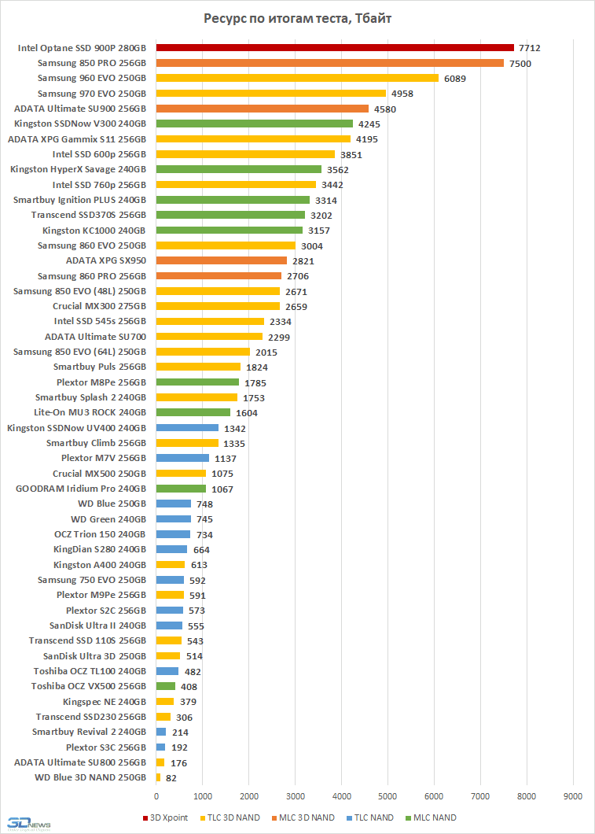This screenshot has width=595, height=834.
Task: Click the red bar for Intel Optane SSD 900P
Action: coord(334,48)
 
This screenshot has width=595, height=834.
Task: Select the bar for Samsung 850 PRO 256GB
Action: coord(329,63)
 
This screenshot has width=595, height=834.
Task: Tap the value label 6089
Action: coord(456,78)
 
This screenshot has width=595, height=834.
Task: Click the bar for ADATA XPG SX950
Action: coord(221,260)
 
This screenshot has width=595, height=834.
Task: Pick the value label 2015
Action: coord(266,352)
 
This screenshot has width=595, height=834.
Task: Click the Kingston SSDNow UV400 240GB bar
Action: coord(187,428)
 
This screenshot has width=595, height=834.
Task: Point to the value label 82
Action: coord(171,778)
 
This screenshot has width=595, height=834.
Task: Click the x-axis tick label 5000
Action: coord(387,795)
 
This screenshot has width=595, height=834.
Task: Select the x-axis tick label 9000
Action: coord(573,795)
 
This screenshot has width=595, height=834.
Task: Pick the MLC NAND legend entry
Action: coord(434,817)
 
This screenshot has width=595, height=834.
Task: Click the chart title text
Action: coord(297,19)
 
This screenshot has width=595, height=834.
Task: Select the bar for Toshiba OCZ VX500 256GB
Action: coord(165,686)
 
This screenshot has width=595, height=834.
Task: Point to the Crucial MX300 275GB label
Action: coord(99,306)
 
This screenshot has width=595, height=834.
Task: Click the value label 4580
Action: coord(385,109)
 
